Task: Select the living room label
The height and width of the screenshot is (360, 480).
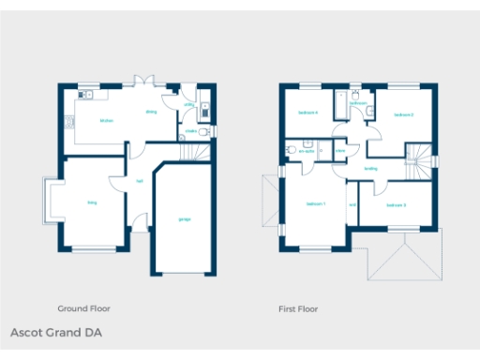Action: click(x=92, y=202)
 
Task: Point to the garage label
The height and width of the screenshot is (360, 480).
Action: click(x=184, y=219)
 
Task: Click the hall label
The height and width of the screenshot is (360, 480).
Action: click(x=140, y=181)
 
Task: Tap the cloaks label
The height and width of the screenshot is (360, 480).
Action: click(x=191, y=132)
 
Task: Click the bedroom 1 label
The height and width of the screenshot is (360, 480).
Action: click(x=316, y=204)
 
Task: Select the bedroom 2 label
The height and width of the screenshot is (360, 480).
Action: click(x=404, y=115)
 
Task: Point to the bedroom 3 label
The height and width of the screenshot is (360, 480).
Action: click(x=396, y=204)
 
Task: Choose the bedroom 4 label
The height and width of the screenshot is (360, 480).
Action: click(x=308, y=112)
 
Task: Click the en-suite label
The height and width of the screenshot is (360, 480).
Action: click(x=307, y=150)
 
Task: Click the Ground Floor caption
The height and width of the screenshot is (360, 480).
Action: click(x=85, y=307)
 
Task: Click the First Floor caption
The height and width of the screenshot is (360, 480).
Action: click(x=298, y=307)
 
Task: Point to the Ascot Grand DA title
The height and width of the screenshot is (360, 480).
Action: click(x=56, y=333)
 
